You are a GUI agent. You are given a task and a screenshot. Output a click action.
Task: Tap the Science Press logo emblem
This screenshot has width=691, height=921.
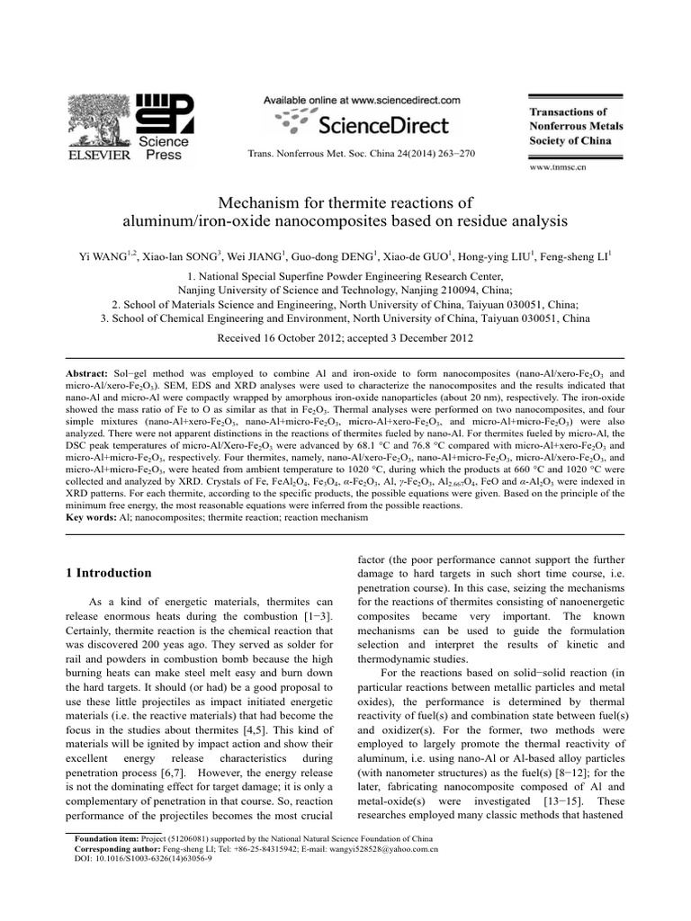166,112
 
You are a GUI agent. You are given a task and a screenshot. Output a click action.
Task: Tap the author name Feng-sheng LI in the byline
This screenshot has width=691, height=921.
577,257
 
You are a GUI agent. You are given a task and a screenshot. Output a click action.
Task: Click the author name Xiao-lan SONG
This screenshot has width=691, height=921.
171,257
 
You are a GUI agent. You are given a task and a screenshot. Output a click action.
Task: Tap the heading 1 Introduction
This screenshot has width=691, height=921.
109,573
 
